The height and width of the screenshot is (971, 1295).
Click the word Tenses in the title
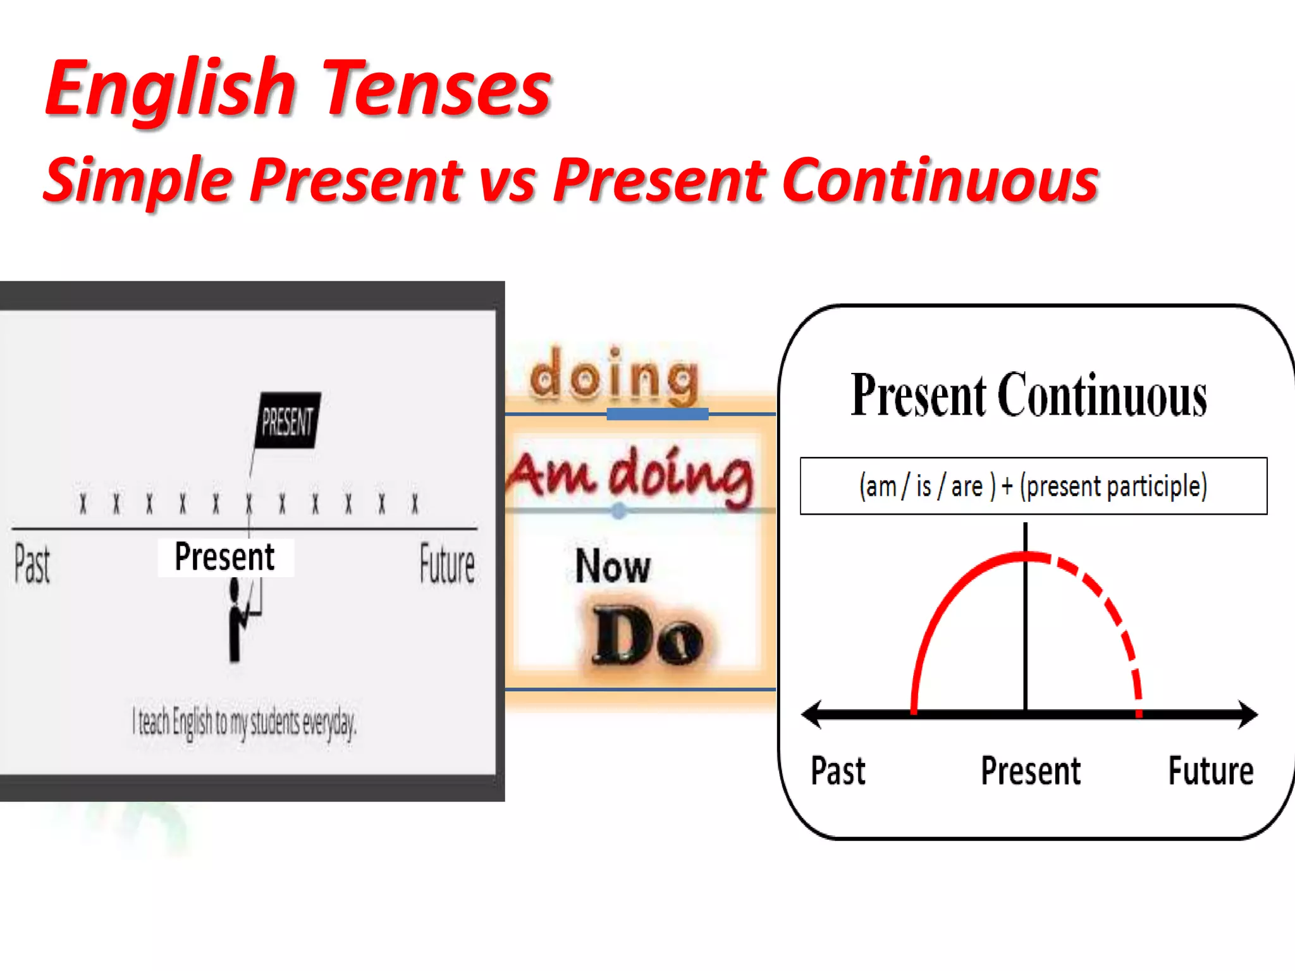pos(436,89)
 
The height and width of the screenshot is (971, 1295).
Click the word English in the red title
pos(171,89)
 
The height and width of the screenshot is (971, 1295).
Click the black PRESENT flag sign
pos(288,421)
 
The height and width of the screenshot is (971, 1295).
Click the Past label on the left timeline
pos(32,564)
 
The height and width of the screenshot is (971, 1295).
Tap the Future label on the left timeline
pos(447,564)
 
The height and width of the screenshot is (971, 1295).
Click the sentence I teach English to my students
pos(244,722)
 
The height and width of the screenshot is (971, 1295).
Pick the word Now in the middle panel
pos(612,566)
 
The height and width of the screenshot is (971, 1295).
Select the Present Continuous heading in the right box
pos(1029,396)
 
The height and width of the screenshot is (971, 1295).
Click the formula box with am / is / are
pos(1033,486)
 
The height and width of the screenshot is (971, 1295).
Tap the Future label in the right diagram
pos(1210,771)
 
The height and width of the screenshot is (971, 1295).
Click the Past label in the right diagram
pos(838,771)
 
